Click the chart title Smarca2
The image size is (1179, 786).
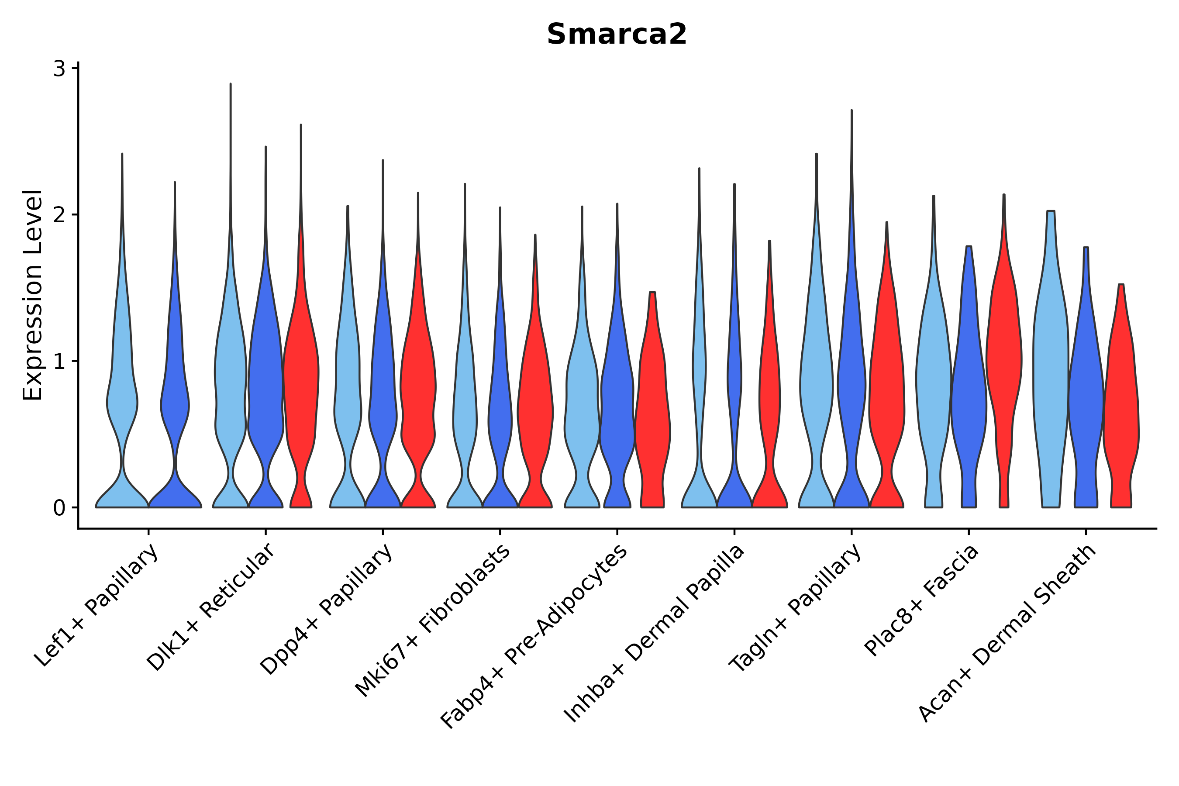(616, 35)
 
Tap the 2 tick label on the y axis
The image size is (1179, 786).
(59, 215)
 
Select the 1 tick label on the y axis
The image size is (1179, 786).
(59, 362)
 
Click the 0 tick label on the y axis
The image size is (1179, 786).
(59, 508)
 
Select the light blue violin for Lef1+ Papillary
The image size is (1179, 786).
(122, 401)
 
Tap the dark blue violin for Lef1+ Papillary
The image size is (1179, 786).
(174, 401)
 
